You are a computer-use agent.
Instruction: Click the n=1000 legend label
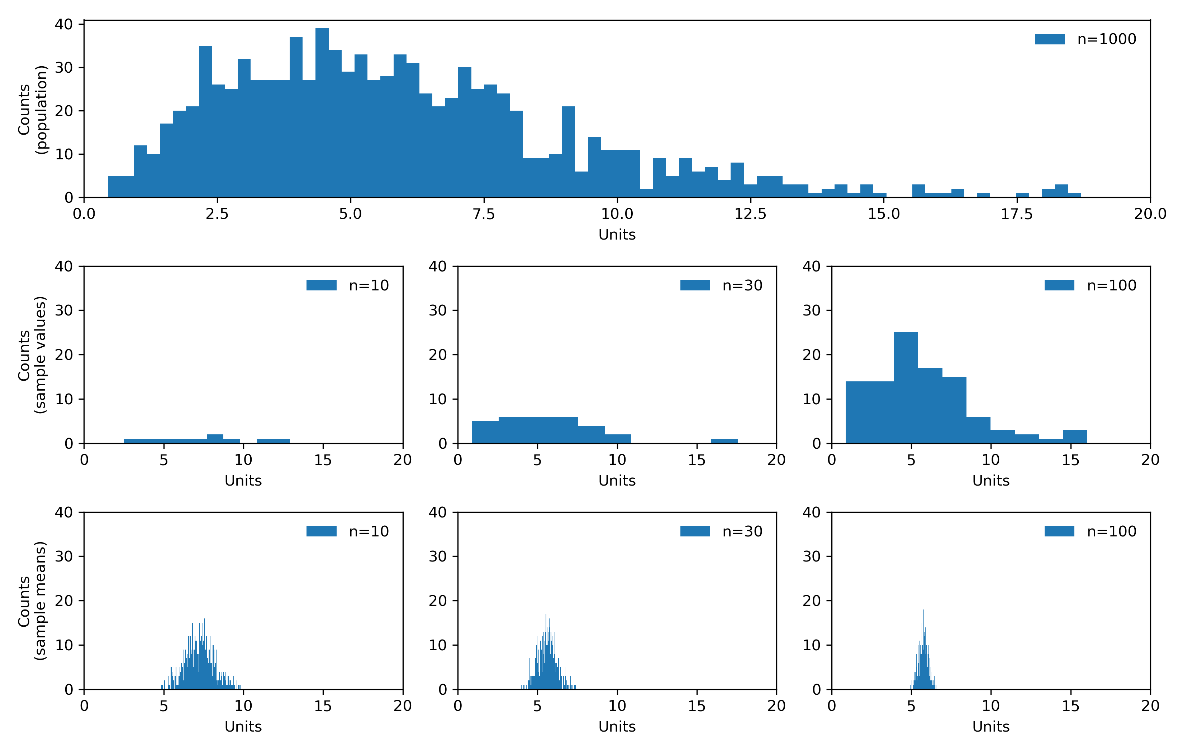pos(1106,39)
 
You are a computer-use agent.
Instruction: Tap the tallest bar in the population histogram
pos(322,113)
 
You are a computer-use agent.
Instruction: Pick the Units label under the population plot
pos(617,235)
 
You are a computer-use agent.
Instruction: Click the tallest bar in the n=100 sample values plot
pos(906,388)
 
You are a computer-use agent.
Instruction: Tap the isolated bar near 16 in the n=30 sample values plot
pos(724,441)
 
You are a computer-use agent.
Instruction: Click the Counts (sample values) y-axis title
pos(32,355)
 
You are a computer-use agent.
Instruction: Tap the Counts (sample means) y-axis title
pos(32,601)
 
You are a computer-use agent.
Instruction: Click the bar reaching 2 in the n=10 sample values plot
pos(215,439)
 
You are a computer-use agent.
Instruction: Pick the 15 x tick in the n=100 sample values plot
pos(1070,460)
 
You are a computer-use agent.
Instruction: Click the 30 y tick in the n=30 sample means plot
pos(437,556)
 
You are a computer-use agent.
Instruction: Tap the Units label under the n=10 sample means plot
pos(243,727)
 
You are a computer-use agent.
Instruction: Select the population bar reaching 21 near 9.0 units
pos(569,152)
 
